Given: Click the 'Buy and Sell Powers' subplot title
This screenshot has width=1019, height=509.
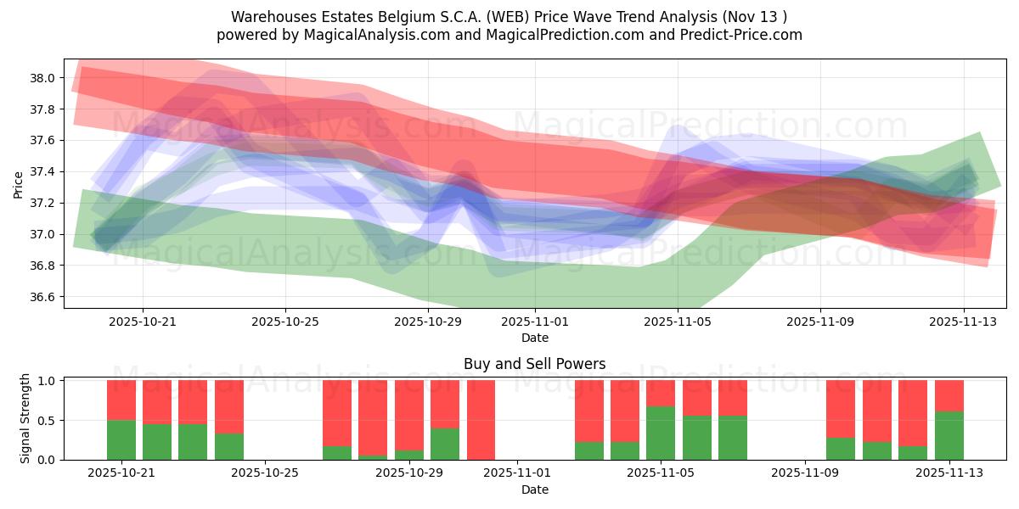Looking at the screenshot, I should pos(534,364).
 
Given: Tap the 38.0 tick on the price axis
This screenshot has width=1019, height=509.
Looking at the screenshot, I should pos(43,78).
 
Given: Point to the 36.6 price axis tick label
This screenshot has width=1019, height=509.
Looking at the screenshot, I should pos(43,297).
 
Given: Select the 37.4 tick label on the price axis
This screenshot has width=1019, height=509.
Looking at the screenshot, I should pos(43,172).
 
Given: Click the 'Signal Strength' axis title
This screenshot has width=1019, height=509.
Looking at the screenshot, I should pos(25,418).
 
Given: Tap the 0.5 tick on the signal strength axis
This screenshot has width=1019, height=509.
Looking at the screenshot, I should pos(47,421).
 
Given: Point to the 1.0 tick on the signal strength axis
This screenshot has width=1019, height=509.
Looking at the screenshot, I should pos(47,381).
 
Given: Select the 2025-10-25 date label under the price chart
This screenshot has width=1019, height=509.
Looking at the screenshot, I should pos(285,322).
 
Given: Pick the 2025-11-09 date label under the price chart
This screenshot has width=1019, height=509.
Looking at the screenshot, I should pos(819,322).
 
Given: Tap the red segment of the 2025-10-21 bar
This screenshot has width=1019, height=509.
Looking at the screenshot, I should pos(121,400).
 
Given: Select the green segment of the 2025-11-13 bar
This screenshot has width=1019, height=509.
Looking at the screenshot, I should pos(949,435).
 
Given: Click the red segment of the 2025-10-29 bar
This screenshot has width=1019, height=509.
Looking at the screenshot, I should pos(445,403).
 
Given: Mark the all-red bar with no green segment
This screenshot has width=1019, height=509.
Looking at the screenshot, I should pos(481,419).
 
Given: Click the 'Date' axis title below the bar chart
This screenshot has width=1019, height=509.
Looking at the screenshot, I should pos(534,489).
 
